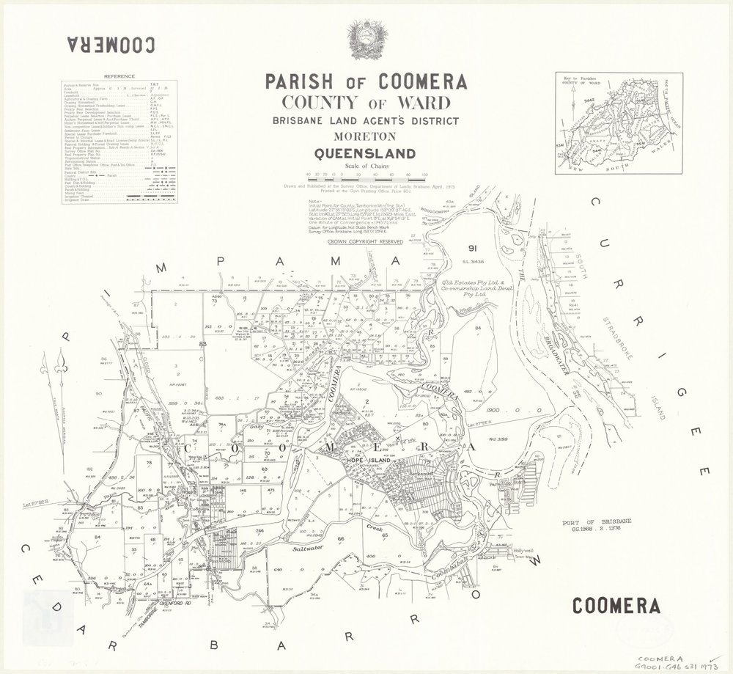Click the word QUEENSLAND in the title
(364, 154)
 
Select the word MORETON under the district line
(364, 137)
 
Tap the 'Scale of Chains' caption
(364, 167)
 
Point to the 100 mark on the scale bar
(426, 174)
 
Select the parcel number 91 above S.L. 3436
(474, 249)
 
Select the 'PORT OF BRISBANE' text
(582, 521)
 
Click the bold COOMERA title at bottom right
(615, 606)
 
